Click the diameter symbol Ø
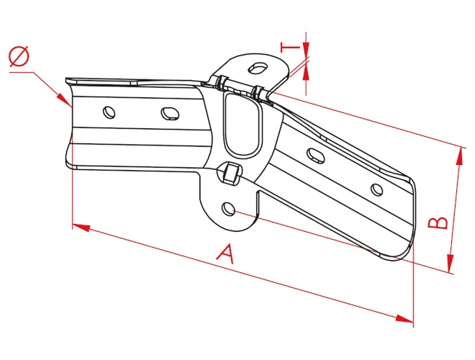[19, 57]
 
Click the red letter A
[226, 254]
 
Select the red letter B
[438, 222]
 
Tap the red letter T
[290, 48]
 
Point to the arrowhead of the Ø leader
[64, 100]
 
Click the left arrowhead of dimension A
[81, 228]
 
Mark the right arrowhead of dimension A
[404, 319]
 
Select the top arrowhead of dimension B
[460, 157]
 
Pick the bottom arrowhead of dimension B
[451, 263]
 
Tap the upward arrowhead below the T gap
[307, 72]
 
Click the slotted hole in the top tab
[258, 67]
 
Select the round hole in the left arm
[109, 112]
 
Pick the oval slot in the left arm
[170, 113]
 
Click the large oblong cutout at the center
[243, 125]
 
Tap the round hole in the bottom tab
[228, 209]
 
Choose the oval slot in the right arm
[316, 156]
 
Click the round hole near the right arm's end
[376, 189]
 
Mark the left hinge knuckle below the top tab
[222, 83]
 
